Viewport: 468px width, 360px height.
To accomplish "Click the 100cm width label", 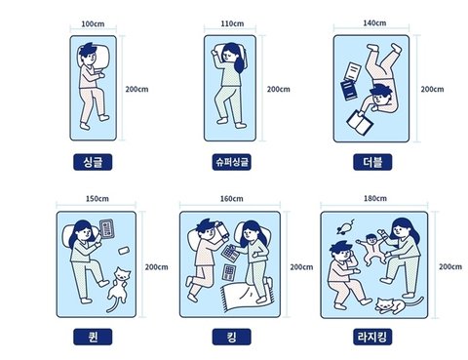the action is [93, 24].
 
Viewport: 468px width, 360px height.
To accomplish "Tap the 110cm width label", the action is [232, 23].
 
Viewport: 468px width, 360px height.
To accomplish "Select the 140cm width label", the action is [374, 23].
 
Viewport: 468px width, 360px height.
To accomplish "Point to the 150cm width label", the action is [97, 198].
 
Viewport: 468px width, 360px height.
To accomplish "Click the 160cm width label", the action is [231, 198].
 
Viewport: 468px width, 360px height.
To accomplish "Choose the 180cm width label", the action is [375, 198].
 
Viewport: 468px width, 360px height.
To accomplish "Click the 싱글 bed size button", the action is [93, 162].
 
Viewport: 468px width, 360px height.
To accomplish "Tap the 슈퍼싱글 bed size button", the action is [231, 162].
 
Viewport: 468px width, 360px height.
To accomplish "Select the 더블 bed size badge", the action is [372, 162].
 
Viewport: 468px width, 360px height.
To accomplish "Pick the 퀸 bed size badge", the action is [93, 337].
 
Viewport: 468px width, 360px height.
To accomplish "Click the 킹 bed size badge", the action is [231, 337].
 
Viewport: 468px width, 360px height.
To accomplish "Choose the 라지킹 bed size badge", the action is [372, 337].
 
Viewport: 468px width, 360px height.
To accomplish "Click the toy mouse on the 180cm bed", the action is [345, 227].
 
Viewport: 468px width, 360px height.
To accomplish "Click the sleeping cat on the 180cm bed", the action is [399, 305].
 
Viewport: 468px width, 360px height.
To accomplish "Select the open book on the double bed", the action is [360, 122].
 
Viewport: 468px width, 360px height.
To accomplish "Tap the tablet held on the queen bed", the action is [107, 229].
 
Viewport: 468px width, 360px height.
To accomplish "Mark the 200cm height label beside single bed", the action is [136, 89].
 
